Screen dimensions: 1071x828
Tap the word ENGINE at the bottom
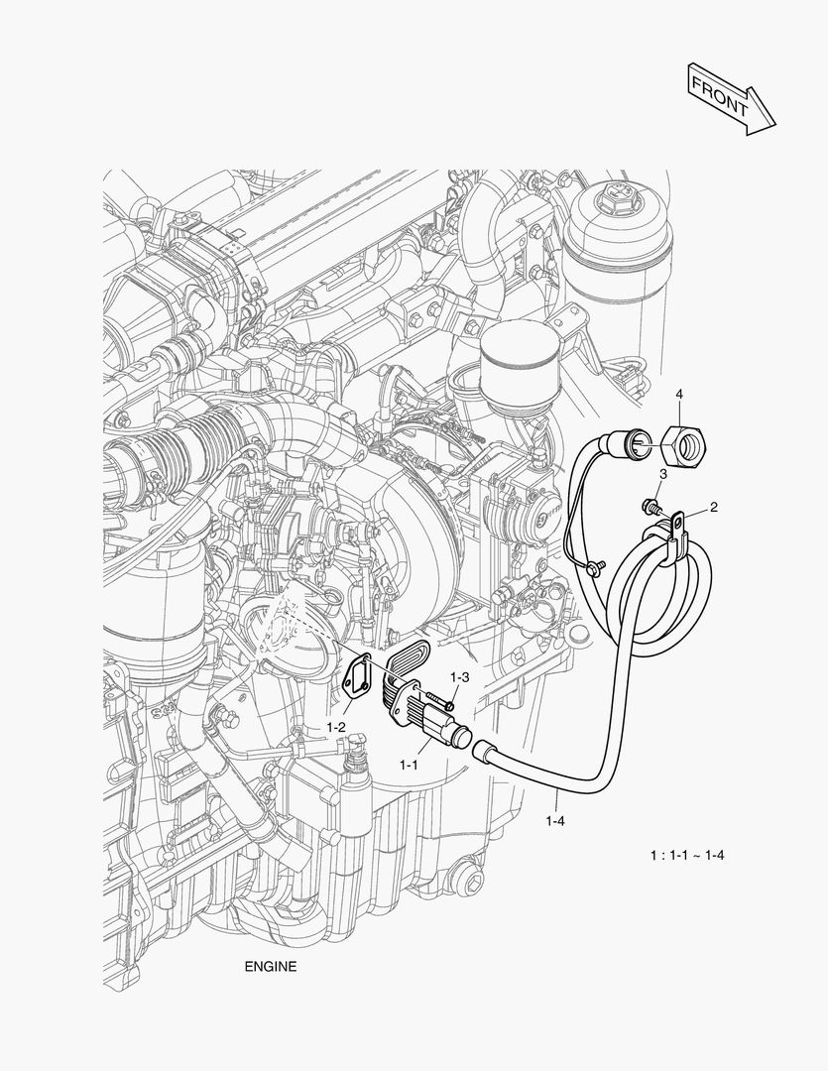[x=270, y=966]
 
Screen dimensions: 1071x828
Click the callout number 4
[x=678, y=395]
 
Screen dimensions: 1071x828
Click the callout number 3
[x=662, y=475]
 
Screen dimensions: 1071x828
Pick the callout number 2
[x=714, y=507]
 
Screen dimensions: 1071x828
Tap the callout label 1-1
[x=410, y=766]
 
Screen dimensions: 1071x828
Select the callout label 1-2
[x=336, y=727]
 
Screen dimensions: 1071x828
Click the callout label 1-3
[x=459, y=676]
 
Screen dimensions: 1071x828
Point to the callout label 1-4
[x=556, y=820]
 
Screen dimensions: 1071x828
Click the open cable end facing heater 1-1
[x=483, y=750]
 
